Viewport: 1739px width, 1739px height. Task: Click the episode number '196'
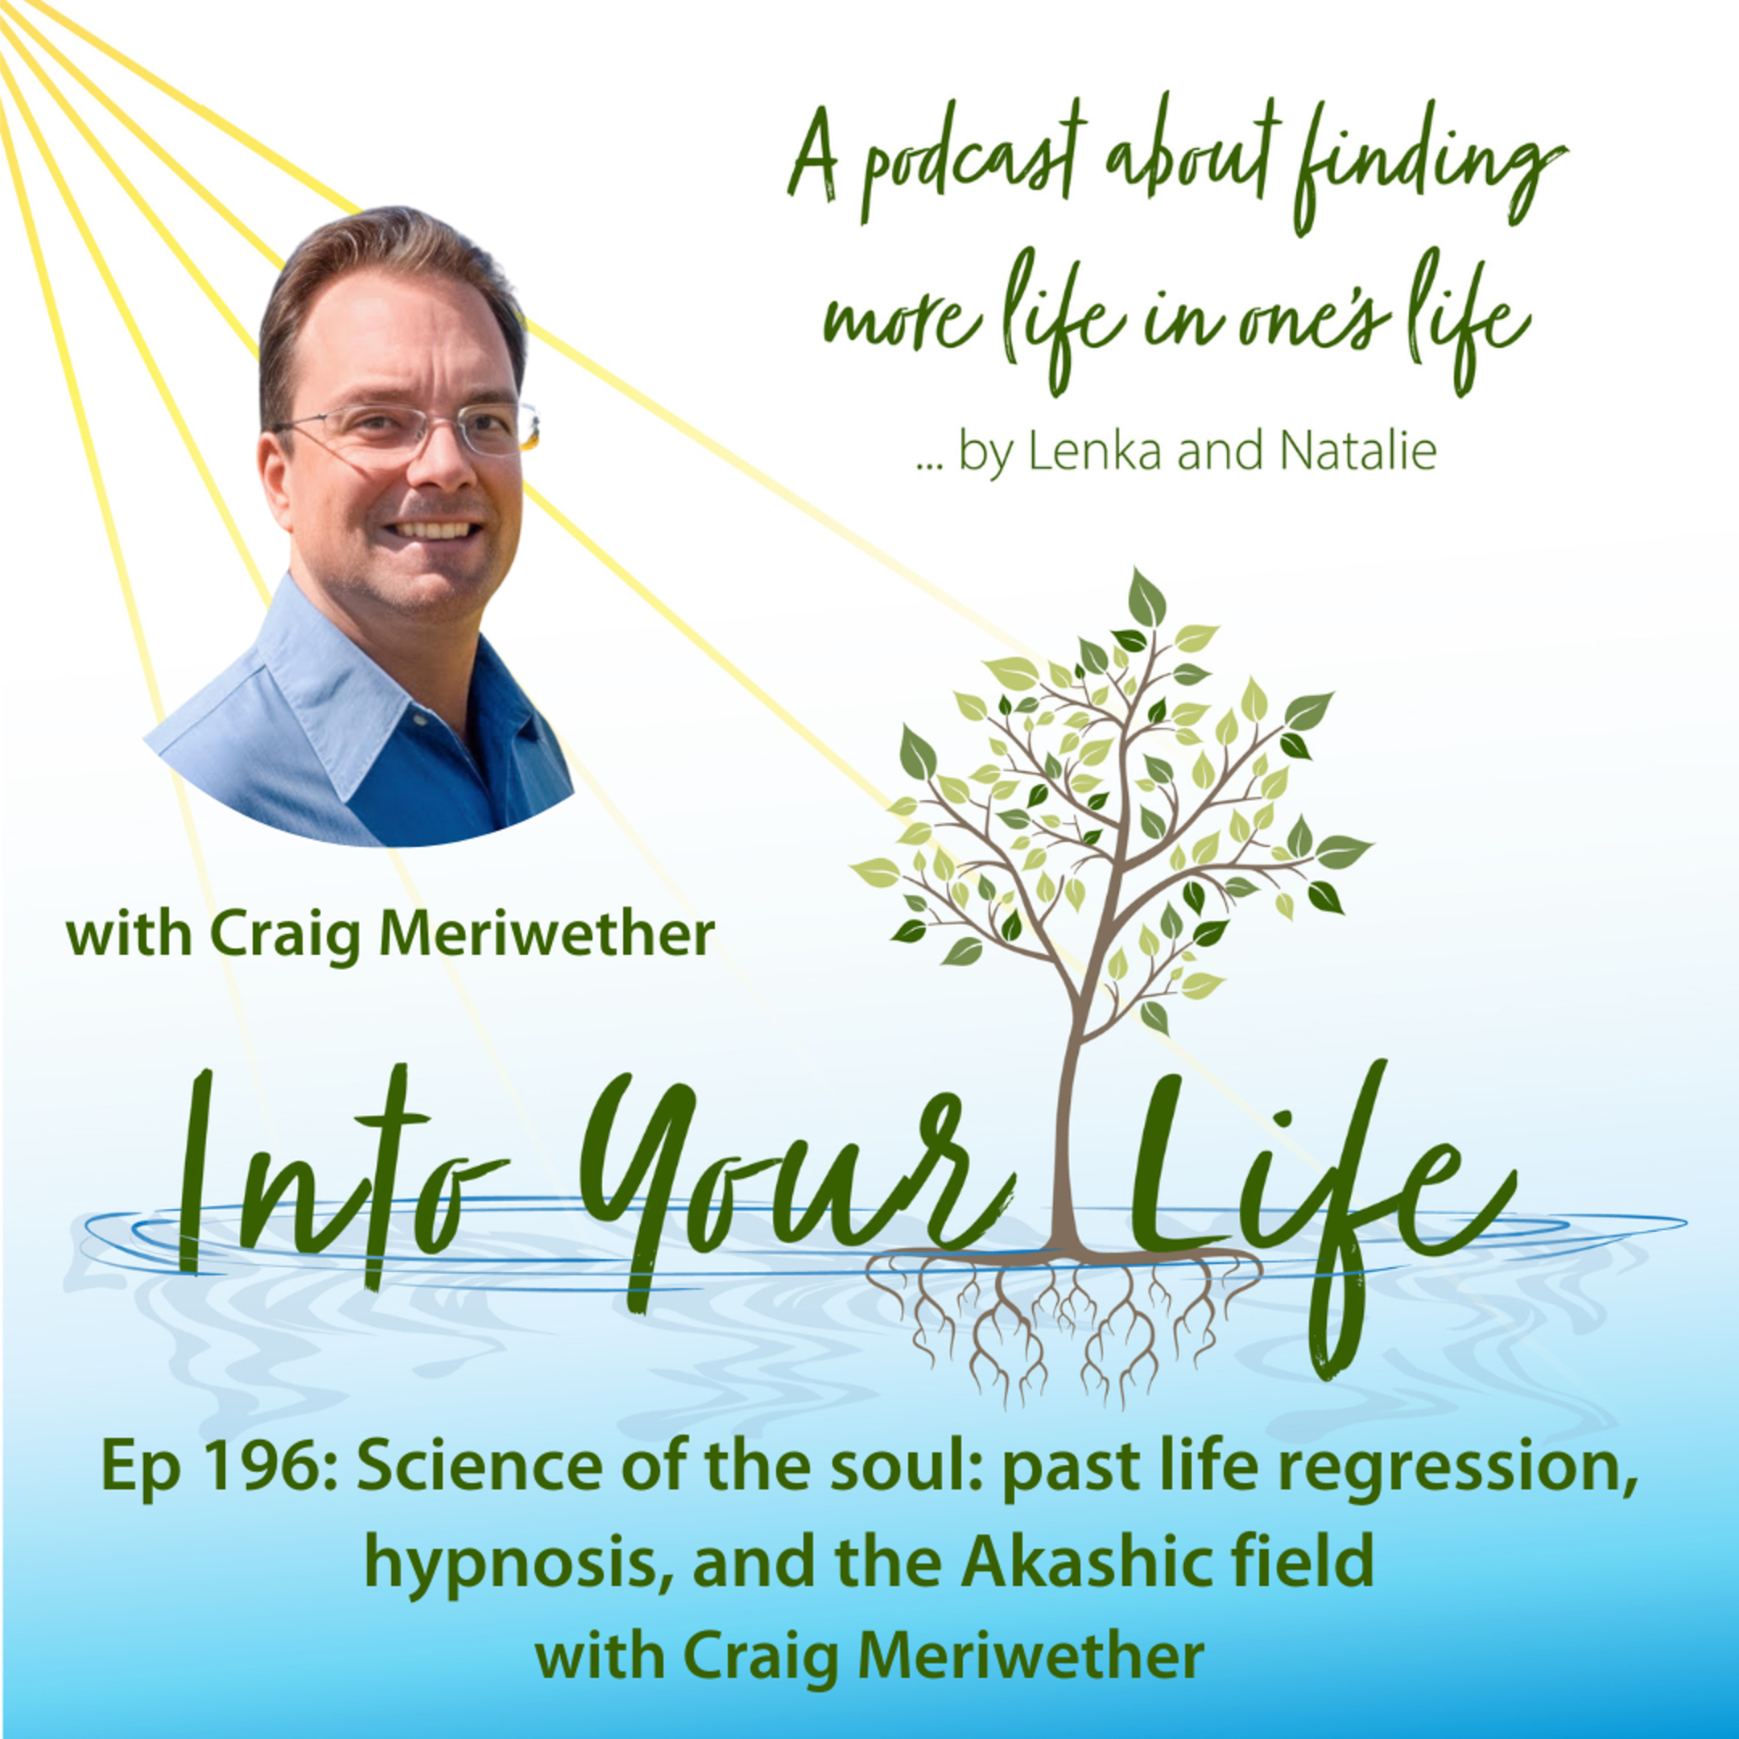click(x=270, y=1467)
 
